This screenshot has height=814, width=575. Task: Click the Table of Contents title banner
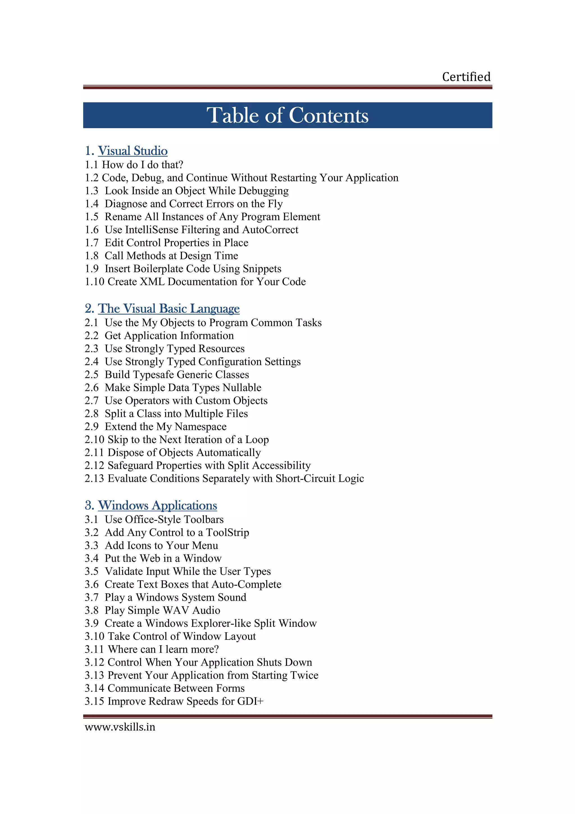tap(287, 115)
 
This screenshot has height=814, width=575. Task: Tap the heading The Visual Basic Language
tap(169, 308)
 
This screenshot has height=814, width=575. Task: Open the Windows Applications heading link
tap(157, 505)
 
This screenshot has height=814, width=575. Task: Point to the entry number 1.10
tap(94, 281)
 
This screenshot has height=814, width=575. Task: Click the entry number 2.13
tap(94, 478)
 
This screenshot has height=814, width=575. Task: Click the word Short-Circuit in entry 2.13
tap(305, 478)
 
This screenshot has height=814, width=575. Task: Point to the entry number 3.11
tap(94, 649)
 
